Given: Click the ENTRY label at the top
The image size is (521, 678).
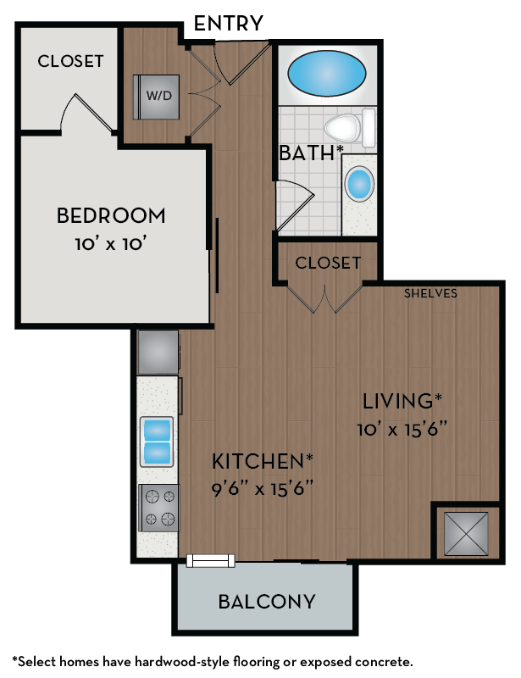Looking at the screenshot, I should tap(229, 23).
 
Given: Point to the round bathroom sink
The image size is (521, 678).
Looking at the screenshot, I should tap(361, 184).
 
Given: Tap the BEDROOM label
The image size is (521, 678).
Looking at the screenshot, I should tap(111, 216).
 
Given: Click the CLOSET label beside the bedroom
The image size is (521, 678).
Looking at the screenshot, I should tap(70, 62).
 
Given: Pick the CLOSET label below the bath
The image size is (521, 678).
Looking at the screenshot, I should tap(328, 264).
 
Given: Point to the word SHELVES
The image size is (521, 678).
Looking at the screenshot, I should tap(430, 294).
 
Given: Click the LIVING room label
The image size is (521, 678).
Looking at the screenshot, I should tap(402, 400).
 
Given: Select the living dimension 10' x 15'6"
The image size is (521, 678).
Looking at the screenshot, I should tap(402, 428).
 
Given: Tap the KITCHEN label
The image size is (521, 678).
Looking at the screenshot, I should tap(262, 462).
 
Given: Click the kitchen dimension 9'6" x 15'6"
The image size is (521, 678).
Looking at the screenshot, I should tap(262, 490).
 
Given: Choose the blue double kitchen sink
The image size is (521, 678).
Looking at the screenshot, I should tap(158, 441).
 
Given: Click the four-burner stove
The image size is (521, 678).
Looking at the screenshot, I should tap(158, 508).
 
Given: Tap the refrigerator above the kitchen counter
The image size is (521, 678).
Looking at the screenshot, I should tap(158, 351).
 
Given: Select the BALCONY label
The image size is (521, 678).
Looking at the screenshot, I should tap(267, 603).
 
